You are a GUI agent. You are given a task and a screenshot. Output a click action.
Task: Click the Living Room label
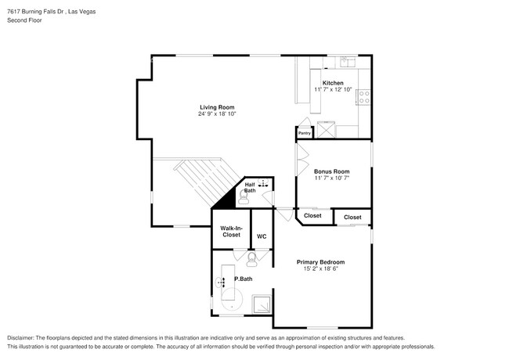217,107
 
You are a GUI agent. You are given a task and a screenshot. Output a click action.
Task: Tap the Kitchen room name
333,83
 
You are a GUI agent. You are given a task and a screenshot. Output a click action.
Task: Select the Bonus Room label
332,171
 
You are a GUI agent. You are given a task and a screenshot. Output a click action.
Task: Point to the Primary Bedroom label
321,262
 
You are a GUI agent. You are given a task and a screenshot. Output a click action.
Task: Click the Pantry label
305,133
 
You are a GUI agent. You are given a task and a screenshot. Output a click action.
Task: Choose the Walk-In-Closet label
232,231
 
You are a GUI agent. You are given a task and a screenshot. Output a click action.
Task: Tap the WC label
262,236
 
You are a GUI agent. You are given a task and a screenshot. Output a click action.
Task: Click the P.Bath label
244,279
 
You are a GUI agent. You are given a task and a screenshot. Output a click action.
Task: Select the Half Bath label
250,188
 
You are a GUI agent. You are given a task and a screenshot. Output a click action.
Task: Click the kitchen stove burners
364,96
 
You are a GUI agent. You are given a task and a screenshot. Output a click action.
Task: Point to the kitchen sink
348,62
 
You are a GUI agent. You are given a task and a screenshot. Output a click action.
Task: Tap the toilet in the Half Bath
243,197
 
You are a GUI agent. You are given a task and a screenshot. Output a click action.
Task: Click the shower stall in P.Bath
262,304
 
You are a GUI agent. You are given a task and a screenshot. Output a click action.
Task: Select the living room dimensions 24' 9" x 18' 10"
217,113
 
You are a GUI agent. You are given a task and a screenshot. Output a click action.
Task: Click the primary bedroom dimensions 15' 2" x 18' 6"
321,268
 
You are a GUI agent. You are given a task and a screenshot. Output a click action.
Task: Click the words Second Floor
25,20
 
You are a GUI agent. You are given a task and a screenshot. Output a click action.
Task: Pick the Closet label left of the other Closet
312,216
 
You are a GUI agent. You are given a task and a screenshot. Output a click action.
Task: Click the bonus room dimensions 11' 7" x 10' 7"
332,178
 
